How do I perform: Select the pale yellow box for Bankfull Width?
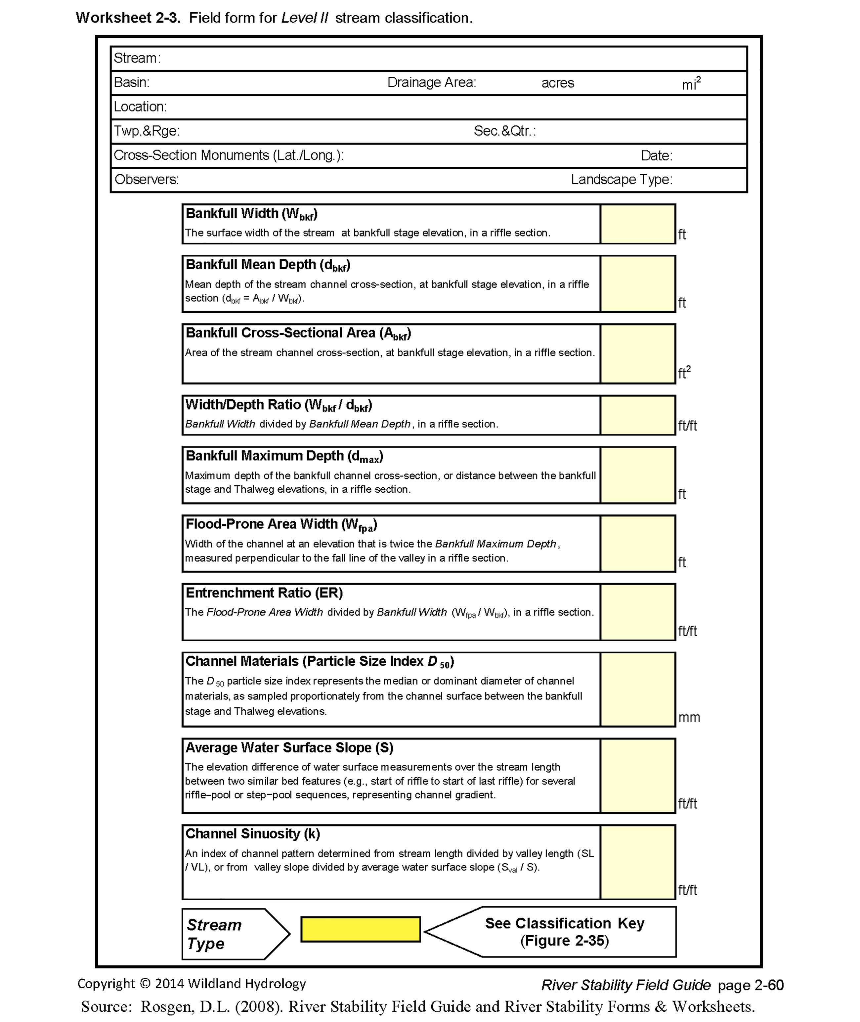pos(638,224)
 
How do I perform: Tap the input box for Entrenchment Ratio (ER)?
pos(638,612)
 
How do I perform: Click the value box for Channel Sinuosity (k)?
pos(638,862)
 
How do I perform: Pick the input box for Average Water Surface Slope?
pos(638,775)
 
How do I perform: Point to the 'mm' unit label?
pos(689,717)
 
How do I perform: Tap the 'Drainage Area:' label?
pos(431,82)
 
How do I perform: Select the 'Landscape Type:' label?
pos(622,179)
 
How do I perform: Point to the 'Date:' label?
pos(656,156)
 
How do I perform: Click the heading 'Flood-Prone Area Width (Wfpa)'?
pos(281,525)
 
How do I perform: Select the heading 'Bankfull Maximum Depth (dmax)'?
pos(284,456)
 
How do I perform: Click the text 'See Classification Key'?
pos(565,923)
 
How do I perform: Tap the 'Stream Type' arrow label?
pos(215,934)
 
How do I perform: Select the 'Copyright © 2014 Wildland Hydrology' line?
pos(191,984)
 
